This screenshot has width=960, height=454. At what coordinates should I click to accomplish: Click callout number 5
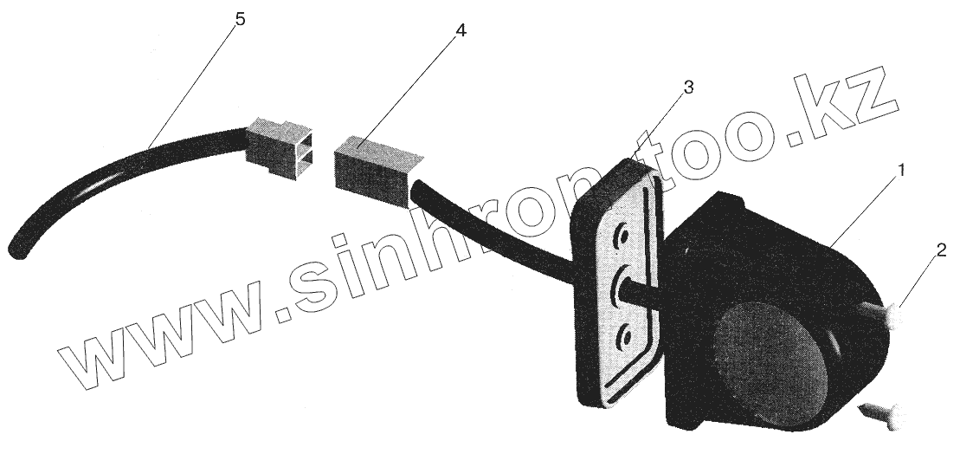coord(240,19)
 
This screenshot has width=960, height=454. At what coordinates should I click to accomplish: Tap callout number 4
coord(461,30)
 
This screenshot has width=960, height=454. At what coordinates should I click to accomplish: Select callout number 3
coord(688,87)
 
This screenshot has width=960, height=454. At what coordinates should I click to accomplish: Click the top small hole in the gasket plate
coord(621,234)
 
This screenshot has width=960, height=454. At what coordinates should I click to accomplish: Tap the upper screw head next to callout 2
coord(896,320)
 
